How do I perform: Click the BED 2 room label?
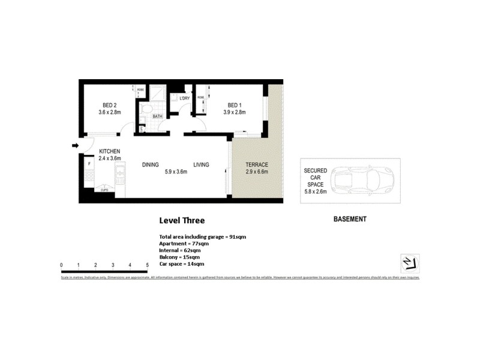[109, 103]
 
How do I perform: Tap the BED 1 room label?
[234, 103]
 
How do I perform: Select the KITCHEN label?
[110, 151]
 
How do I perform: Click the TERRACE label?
[256, 164]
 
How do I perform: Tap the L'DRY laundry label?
[184, 98]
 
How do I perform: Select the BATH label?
[157, 116]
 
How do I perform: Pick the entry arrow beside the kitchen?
[74, 145]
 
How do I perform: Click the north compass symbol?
[410, 263]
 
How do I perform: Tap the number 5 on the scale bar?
[147, 265]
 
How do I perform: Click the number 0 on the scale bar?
[62, 265]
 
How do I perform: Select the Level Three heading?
[182, 221]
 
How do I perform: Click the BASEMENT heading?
[350, 220]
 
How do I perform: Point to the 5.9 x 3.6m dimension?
[176, 172]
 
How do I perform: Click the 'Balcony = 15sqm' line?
[179, 257]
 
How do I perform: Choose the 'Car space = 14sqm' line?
[181, 263]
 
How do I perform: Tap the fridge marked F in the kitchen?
[89, 163]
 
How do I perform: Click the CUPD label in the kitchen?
[104, 191]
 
